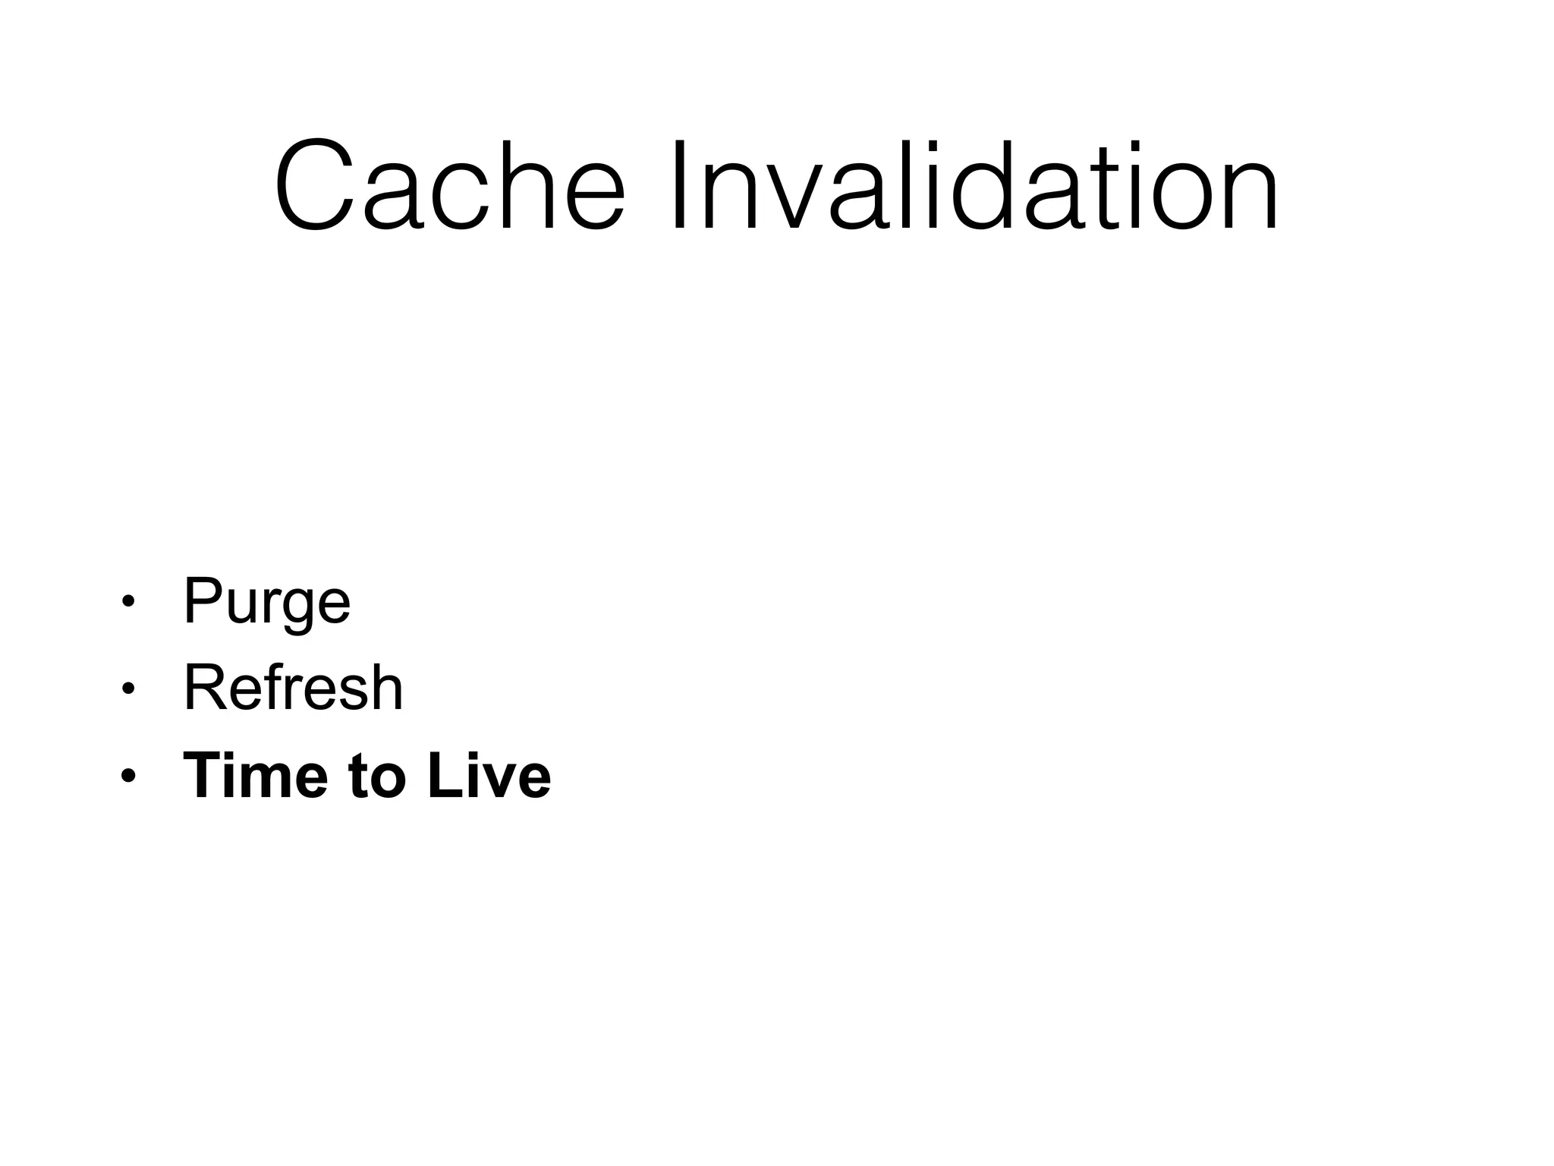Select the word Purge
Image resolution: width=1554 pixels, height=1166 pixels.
pos(266,602)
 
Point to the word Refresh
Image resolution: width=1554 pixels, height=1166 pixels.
pos(293,688)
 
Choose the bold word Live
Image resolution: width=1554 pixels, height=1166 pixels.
pos(489,775)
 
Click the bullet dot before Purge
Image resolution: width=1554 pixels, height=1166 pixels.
pos(127,602)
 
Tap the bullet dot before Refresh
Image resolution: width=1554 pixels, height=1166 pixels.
pos(127,689)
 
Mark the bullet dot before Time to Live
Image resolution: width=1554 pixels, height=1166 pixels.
pos(127,776)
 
